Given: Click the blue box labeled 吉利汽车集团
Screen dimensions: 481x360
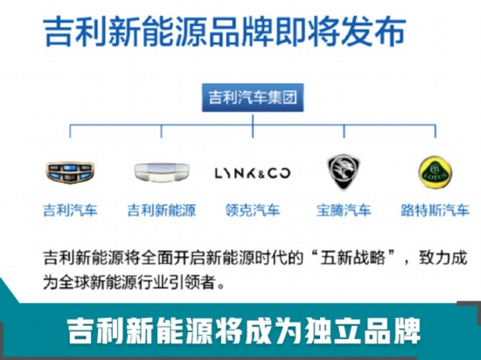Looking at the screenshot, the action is pos(253,98).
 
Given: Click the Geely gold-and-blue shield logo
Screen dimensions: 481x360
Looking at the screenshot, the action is pos(70,172).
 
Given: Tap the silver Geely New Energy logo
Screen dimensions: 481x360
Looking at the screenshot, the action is pos(162,172).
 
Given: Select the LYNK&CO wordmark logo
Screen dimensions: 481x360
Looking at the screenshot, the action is pos(253,173).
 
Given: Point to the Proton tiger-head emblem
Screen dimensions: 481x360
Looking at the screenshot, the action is pos(344,172).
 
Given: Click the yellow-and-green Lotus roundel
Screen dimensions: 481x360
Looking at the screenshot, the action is pos(435,172).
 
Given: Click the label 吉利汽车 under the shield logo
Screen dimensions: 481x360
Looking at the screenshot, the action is pos(70,211).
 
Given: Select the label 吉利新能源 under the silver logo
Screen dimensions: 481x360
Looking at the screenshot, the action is pos(162,211).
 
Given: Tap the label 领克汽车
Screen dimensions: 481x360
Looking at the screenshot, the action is pos(253,211).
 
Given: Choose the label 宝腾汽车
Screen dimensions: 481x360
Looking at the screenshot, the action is pos(344,211).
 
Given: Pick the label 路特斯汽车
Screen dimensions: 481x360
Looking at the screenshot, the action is pos(435,211).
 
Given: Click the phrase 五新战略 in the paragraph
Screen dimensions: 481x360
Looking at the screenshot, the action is pos(352,258).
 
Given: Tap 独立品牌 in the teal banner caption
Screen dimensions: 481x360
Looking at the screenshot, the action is pos(362,331).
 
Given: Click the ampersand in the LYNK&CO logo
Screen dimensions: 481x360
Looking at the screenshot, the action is pos(261,175).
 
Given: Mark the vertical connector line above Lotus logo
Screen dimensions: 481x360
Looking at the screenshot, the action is pos(435,131).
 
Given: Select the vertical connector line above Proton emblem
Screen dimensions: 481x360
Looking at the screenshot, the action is pos(344,131).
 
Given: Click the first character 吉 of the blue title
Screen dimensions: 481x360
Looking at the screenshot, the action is pos(59,31).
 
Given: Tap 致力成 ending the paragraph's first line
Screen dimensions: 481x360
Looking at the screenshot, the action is pos(443,258).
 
